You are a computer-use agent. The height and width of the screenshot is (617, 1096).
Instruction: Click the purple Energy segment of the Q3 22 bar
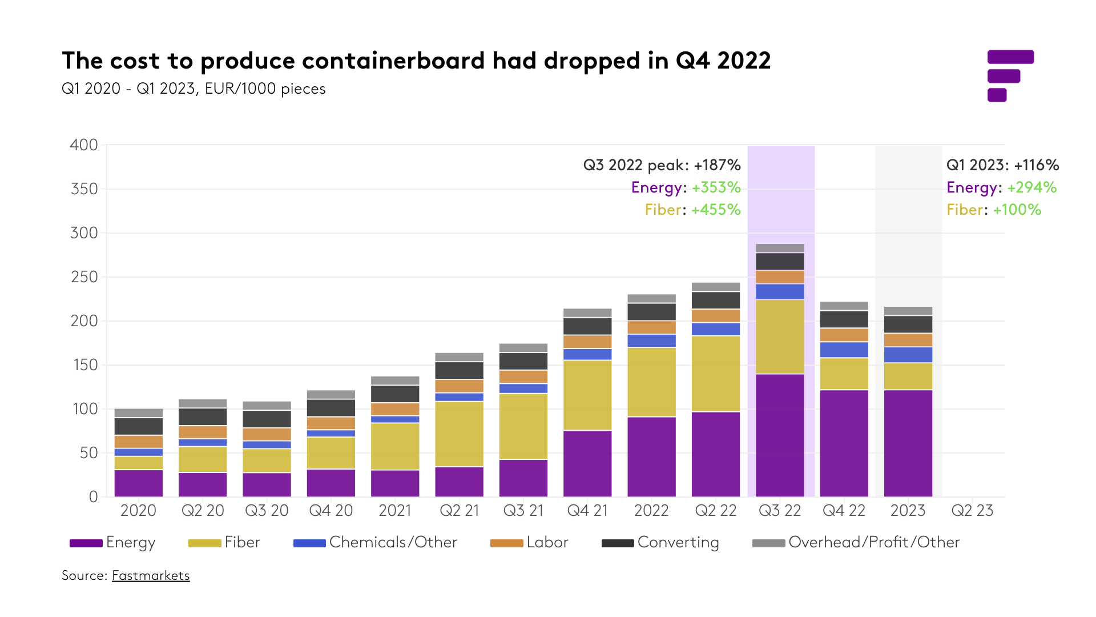click(780, 435)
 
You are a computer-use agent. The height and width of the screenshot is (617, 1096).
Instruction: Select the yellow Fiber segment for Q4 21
click(587, 395)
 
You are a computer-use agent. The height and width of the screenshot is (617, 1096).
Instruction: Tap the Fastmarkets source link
click(151, 575)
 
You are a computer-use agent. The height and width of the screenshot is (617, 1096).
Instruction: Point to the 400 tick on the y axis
click(84, 145)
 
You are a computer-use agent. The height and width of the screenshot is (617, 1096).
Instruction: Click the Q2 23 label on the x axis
click(972, 510)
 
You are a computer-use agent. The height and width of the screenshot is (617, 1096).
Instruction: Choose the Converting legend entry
click(660, 542)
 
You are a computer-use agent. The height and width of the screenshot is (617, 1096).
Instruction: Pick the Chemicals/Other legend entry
click(375, 542)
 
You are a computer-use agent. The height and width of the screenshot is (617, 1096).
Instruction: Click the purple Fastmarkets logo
click(1010, 76)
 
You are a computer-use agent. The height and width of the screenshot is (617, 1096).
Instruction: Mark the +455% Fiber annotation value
click(716, 210)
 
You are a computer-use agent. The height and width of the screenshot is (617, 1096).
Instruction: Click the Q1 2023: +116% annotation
click(1002, 165)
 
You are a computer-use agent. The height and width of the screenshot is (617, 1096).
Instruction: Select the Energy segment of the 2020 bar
click(139, 483)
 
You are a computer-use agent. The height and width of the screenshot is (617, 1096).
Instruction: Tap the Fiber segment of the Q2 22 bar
click(716, 374)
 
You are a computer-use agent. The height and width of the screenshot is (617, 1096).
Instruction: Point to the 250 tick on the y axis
click(84, 277)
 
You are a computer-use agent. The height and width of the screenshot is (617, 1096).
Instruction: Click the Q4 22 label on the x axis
click(844, 510)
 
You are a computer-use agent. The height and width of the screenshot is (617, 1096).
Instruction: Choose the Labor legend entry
click(529, 542)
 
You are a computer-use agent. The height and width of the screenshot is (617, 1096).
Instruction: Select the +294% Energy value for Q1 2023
click(1031, 187)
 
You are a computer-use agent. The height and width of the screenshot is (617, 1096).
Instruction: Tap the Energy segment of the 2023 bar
click(908, 443)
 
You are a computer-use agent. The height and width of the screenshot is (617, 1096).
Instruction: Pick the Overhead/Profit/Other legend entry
click(856, 542)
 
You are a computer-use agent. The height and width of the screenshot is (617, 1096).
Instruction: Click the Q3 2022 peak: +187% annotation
click(662, 165)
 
